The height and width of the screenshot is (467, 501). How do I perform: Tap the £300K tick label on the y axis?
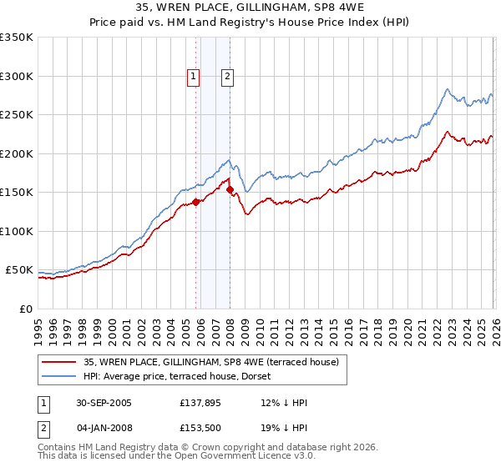[16, 76]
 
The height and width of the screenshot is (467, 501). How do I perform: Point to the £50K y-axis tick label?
[18, 270]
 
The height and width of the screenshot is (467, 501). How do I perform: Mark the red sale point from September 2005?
[196, 202]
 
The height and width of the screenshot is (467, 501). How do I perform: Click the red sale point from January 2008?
[230, 190]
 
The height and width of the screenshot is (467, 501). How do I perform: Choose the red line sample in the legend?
[58, 362]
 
